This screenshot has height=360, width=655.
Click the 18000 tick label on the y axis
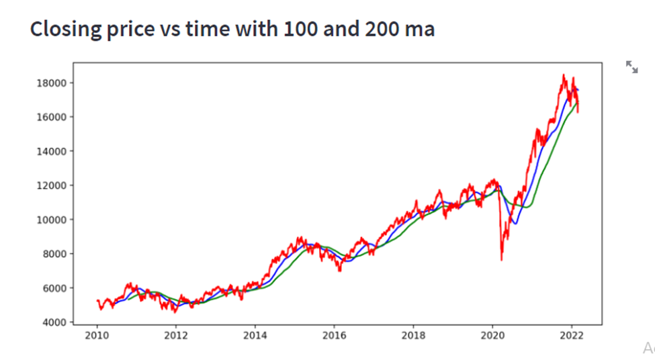(52, 83)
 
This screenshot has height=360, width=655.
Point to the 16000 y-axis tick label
(52, 118)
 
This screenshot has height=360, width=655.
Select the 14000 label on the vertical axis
(52, 152)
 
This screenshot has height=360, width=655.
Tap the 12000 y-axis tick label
(52, 186)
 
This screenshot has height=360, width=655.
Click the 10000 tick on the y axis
(52, 220)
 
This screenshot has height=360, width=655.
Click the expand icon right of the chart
(631, 66)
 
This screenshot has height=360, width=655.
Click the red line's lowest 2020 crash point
(501, 260)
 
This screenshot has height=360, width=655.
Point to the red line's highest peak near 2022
(564, 75)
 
